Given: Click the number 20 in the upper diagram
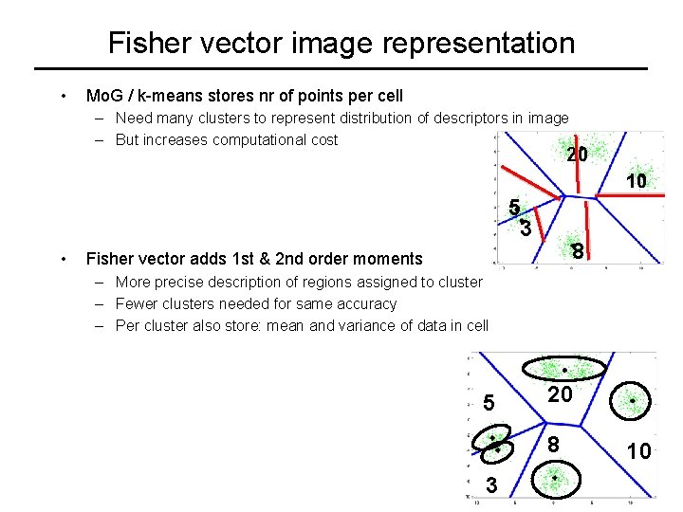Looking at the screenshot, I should pyautogui.click(x=577, y=154).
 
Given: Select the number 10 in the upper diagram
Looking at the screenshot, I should pyautogui.click(x=635, y=180).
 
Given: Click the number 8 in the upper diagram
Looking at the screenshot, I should pyautogui.click(x=577, y=251).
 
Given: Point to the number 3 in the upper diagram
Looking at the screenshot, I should pyautogui.click(x=526, y=228).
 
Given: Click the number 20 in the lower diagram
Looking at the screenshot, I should pyautogui.click(x=560, y=394).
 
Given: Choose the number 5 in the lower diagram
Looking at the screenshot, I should pyautogui.click(x=489, y=403).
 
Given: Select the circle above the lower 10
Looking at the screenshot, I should pyautogui.click(x=633, y=401).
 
